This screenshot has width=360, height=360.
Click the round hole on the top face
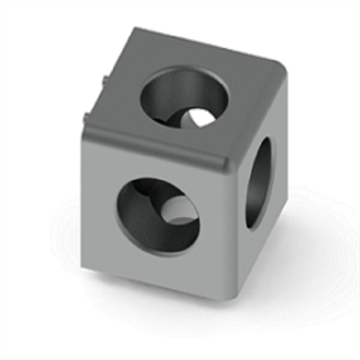point(184,98)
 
